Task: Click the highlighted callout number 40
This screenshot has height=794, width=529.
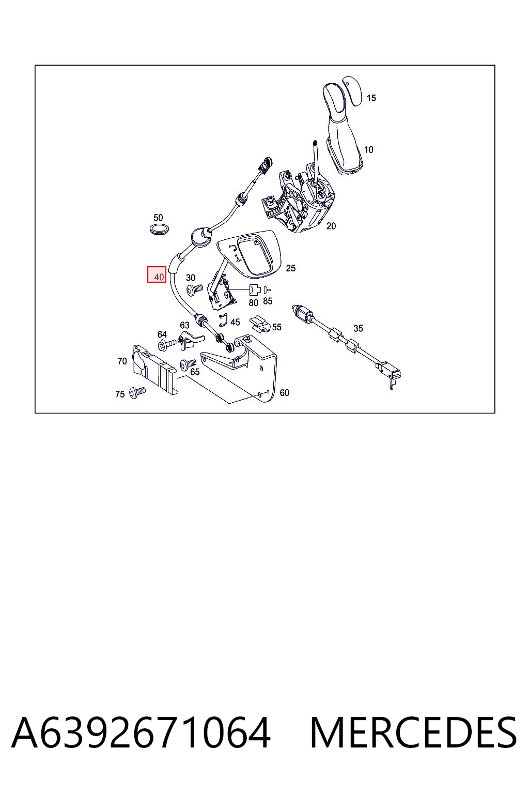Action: pyautogui.click(x=159, y=277)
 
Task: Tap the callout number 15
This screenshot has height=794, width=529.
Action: pyautogui.click(x=371, y=98)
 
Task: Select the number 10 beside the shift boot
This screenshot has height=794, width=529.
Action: pyautogui.click(x=368, y=149)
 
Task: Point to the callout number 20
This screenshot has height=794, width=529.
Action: pyautogui.click(x=331, y=226)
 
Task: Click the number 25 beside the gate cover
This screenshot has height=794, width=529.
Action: pyautogui.click(x=290, y=268)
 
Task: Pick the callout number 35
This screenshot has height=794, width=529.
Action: pyautogui.click(x=358, y=328)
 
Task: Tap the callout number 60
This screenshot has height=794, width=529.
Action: pyautogui.click(x=284, y=392)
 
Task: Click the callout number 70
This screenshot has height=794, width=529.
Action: pyautogui.click(x=122, y=361)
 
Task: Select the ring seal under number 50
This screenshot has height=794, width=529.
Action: pyautogui.click(x=158, y=229)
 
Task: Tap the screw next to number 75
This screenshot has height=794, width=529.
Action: pyautogui.click(x=137, y=392)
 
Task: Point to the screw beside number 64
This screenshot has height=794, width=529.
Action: pyautogui.click(x=167, y=344)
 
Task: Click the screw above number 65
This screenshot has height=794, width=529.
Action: pyautogui.click(x=188, y=364)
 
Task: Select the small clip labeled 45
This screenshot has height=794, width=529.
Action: pyautogui.click(x=223, y=320)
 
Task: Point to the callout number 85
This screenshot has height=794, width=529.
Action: pyautogui.click(x=268, y=301)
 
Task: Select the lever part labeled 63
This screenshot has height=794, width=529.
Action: pyautogui.click(x=191, y=340)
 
